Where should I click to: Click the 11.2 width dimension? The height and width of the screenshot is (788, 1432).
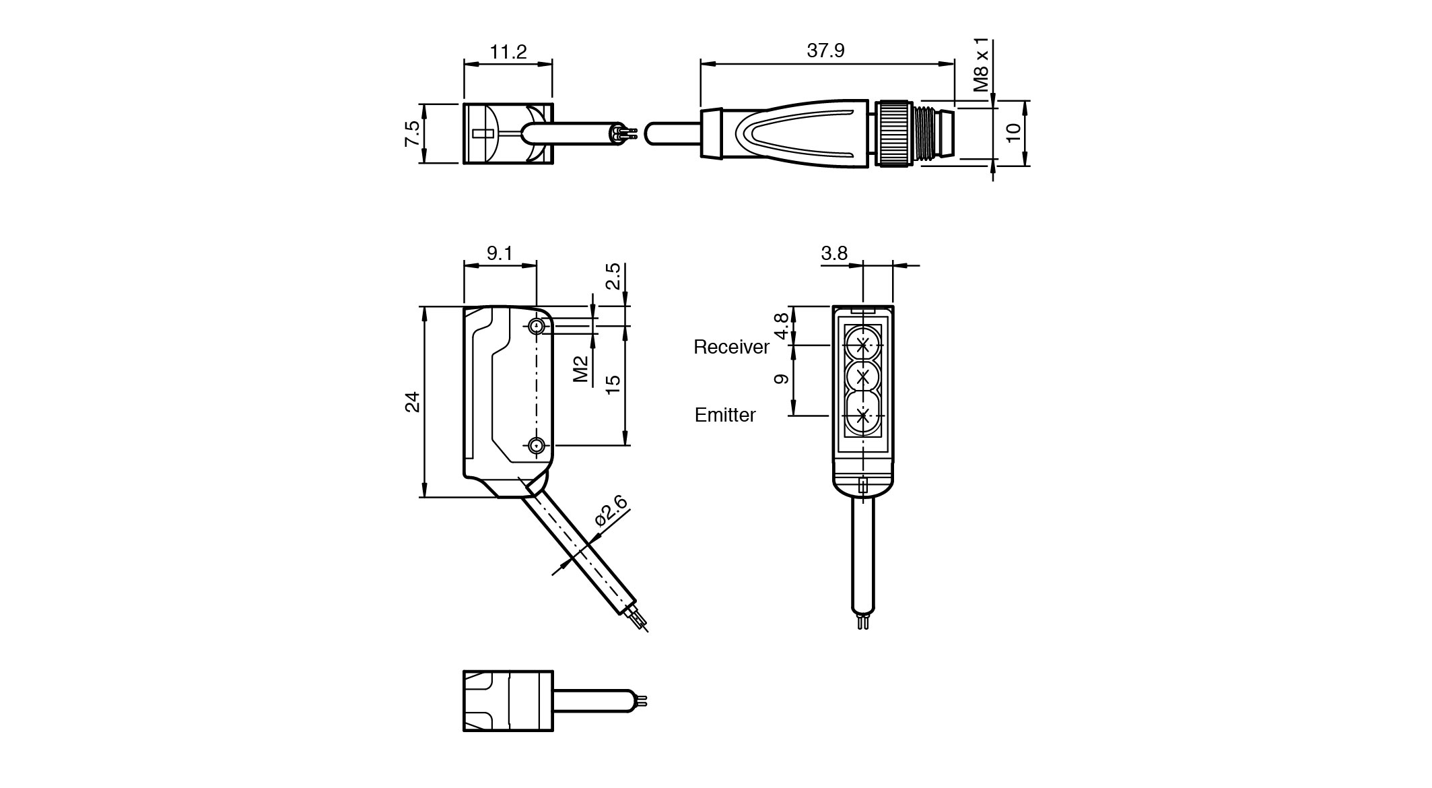[x=508, y=52]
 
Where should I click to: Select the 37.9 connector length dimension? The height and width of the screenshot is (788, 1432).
[x=825, y=51]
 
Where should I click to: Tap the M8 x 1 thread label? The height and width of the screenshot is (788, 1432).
[x=982, y=65]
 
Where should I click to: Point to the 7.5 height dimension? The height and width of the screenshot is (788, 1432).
[x=412, y=133]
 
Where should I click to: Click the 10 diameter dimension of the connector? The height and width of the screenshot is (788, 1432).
[x=1013, y=132]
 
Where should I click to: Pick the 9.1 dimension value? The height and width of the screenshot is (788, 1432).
[x=500, y=253]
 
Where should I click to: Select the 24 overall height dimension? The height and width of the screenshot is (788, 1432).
[x=412, y=401]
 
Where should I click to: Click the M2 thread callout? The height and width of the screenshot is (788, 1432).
[x=581, y=369]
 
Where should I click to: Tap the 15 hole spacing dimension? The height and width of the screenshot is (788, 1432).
[x=613, y=385]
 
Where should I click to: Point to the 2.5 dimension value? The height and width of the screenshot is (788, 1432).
[x=613, y=276]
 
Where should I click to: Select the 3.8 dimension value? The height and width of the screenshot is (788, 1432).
[x=834, y=253]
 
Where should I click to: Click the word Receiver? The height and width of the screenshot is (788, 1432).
[x=731, y=347]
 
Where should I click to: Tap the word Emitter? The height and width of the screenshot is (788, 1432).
[x=725, y=415]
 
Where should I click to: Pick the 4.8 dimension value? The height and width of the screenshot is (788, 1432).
[x=781, y=326]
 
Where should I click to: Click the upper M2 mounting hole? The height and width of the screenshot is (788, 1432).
[x=537, y=327]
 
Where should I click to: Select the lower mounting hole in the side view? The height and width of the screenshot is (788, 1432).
[x=537, y=445]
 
